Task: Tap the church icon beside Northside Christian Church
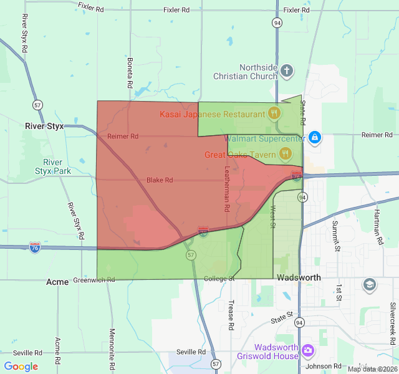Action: pyautogui.click(x=286, y=70)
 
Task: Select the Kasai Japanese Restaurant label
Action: pyautogui.click(x=213, y=114)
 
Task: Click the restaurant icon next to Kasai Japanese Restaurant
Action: pyautogui.click(x=274, y=113)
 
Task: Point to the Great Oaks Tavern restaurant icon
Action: pyautogui.click(x=285, y=153)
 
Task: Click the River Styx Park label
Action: pyautogui.click(x=53, y=167)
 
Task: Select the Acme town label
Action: pyautogui.click(x=57, y=282)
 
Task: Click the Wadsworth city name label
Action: pyautogui.click(x=299, y=277)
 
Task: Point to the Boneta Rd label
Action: pyautogui.click(x=130, y=74)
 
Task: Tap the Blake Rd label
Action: pyautogui.click(x=159, y=180)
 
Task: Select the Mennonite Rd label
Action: pyautogui.click(x=112, y=346)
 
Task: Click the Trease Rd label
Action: pyautogui.click(x=230, y=315)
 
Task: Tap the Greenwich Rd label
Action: pyautogui.click(x=94, y=280)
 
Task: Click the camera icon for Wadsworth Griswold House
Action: pyautogui.click(x=307, y=352)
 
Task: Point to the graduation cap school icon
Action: pyautogui.click(x=369, y=285)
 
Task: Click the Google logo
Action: pyautogui.click(x=21, y=367)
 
